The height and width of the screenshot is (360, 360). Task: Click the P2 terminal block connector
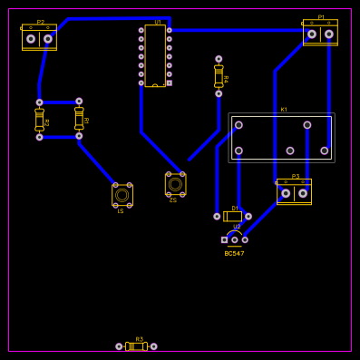39,38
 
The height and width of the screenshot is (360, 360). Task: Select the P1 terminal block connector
320,34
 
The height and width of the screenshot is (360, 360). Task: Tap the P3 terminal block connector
294,192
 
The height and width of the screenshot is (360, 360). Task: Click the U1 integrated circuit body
155,55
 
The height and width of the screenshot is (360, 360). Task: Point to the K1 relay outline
281,138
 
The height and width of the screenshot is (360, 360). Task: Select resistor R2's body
39,120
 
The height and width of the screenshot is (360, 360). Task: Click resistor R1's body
79,119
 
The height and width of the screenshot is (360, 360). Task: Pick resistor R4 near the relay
219,76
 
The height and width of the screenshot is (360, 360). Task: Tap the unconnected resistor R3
136,346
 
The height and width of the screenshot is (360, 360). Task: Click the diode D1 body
233,216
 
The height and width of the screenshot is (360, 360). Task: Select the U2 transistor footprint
234,238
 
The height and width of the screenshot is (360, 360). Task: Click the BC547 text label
234,254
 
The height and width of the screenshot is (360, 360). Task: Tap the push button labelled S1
122,195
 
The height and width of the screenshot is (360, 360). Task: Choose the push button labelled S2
175,184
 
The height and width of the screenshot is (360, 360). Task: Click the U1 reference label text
158,22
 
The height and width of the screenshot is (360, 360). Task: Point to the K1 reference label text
284,110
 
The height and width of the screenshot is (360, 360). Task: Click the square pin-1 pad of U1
169,83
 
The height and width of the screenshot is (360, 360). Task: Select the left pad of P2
31,39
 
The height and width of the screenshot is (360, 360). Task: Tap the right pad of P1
329,34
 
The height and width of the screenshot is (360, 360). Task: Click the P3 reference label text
296,176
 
